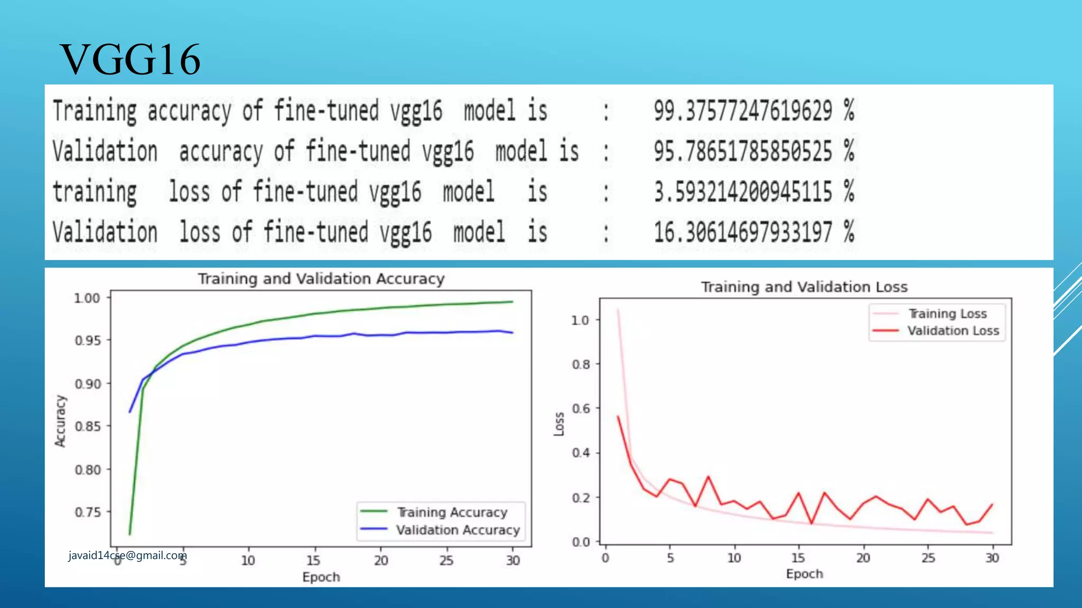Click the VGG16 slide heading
[130, 59]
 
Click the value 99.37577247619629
[743, 111]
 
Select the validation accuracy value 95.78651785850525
[743, 151]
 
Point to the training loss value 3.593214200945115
[743, 192]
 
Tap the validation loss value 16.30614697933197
[743, 232]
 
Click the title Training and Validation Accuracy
[321, 279]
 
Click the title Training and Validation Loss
[804, 287]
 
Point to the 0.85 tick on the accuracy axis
[88, 426]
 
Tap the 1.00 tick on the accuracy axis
[87, 298]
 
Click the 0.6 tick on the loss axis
[580, 408]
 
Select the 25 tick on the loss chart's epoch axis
[928, 558]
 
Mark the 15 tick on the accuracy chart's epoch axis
[313, 560]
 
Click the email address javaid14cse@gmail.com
[127, 555]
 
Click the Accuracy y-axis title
[61, 421]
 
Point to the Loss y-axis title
[559, 424]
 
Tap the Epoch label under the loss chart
[804, 574]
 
